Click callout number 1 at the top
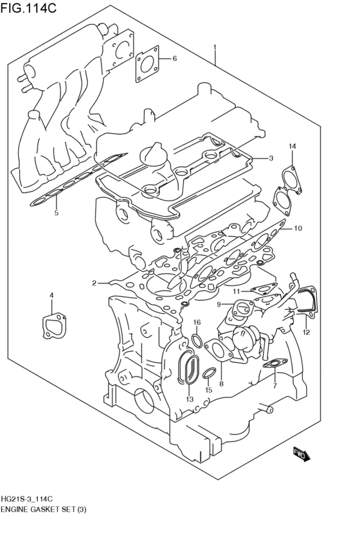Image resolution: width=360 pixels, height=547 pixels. [x=215, y=47]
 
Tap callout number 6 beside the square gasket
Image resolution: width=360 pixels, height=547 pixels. [x=174, y=59]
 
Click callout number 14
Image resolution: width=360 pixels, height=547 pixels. [x=292, y=147]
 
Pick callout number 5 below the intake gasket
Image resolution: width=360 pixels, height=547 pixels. [x=56, y=213]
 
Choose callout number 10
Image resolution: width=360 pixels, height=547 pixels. [x=298, y=228]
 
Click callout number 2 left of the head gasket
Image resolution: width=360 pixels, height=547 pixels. [x=94, y=283]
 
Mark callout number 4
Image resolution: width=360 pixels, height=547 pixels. [x=52, y=295]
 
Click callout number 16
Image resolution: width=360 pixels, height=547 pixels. [x=197, y=322]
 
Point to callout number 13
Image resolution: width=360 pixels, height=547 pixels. [x=189, y=399]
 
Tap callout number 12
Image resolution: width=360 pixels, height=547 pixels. [x=306, y=332]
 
